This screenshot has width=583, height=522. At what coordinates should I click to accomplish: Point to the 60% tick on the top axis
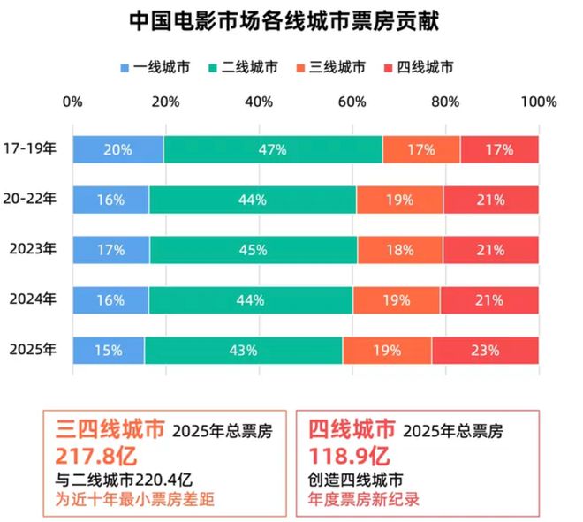click(x=352, y=102)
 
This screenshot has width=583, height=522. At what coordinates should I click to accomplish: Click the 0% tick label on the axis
click(x=72, y=102)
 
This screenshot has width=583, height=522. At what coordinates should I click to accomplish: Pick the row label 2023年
click(x=33, y=250)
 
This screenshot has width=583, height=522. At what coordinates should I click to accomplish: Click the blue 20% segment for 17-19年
click(x=117, y=150)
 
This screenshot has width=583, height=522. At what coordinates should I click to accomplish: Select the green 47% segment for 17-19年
click(x=273, y=150)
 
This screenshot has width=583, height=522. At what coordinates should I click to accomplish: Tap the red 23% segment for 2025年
click(x=485, y=350)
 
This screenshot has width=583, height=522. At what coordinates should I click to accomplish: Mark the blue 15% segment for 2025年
click(x=109, y=350)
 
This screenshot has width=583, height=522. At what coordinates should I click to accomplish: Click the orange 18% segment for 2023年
click(x=399, y=250)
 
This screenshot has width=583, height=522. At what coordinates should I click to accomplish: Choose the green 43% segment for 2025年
click(x=243, y=350)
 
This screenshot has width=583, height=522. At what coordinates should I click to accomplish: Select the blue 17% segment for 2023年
click(x=110, y=250)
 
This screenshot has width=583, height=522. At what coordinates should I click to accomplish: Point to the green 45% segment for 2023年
click(x=253, y=250)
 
